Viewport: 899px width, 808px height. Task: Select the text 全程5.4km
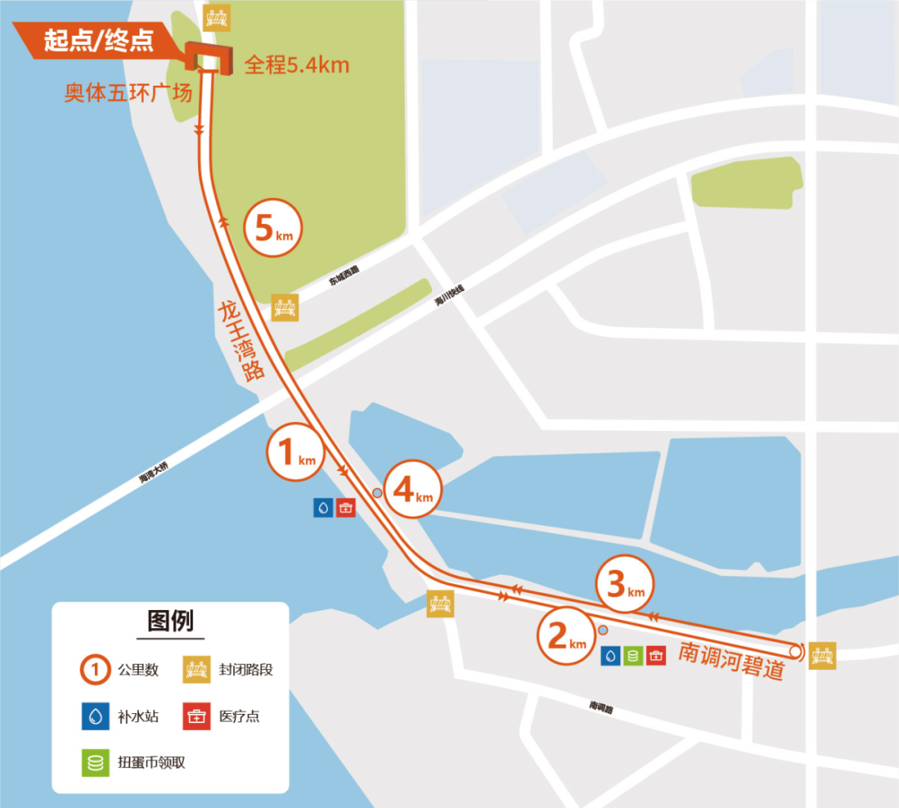click(x=296, y=64)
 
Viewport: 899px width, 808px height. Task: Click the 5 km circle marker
click(x=273, y=229)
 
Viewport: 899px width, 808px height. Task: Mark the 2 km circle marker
click(x=565, y=637)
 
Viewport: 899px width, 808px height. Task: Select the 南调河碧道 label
click(x=733, y=659)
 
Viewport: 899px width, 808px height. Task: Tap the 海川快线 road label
click(x=449, y=295)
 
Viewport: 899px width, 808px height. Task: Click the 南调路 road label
click(x=600, y=706)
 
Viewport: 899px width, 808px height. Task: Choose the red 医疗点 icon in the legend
click(x=197, y=716)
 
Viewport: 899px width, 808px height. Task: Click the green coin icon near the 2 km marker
click(x=633, y=656)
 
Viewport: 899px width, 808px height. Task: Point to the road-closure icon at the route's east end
click(x=822, y=655)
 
